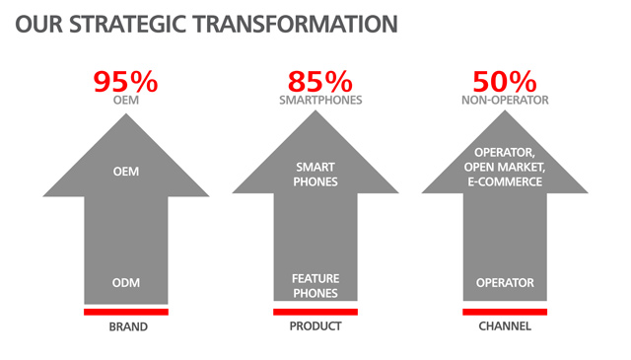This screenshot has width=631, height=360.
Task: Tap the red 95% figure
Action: pyautogui.click(x=125, y=82)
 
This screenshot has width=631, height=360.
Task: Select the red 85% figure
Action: pyautogui.click(x=319, y=82)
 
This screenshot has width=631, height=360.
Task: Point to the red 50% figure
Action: pyautogui.click(x=505, y=82)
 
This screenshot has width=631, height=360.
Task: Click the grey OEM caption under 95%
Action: pyautogui.click(x=126, y=101)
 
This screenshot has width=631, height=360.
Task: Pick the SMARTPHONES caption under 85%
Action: pyautogui.click(x=320, y=101)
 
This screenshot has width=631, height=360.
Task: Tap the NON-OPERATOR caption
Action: pyautogui.click(x=505, y=101)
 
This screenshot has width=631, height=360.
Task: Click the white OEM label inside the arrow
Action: pyautogui.click(x=126, y=172)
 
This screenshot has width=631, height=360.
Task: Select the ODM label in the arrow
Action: pyautogui.click(x=126, y=283)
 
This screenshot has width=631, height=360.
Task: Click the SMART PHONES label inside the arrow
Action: pyautogui.click(x=315, y=175)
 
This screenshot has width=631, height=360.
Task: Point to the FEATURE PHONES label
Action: pyautogui.click(x=315, y=286)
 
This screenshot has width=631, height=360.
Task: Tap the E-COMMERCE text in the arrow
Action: pyautogui.click(x=505, y=182)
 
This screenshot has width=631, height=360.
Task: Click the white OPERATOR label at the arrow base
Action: pyautogui.click(x=505, y=283)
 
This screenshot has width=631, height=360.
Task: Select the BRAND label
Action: pyautogui.click(x=128, y=326)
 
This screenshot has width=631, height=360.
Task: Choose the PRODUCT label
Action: pyautogui.click(x=315, y=326)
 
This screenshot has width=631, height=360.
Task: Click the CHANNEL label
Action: pyautogui.click(x=505, y=326)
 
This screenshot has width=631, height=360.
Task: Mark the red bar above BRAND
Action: pyautogui.click(x=126, y=312)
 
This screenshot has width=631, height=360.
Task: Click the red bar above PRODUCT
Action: pyautogui.click(x=315, y=312)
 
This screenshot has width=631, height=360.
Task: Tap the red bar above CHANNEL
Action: pyautogui.click(x=505, y=312)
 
